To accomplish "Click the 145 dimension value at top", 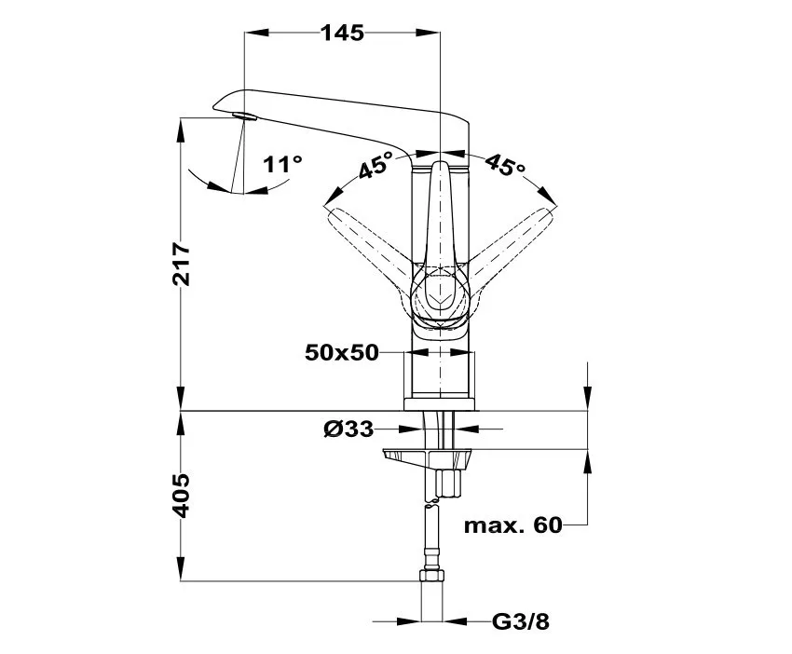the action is tap(343, 33).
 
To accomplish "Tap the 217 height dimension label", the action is tap(182, 265).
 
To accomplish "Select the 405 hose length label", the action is tap(182, 496).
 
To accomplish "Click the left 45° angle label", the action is tap(376, 165).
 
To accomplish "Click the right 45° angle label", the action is tap(505, 164).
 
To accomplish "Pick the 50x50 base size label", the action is tap(341, 352).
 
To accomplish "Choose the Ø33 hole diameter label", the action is tap(348, 429).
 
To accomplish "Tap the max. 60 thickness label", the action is tap(512, 525).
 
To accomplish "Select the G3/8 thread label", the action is tap(521, 621).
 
